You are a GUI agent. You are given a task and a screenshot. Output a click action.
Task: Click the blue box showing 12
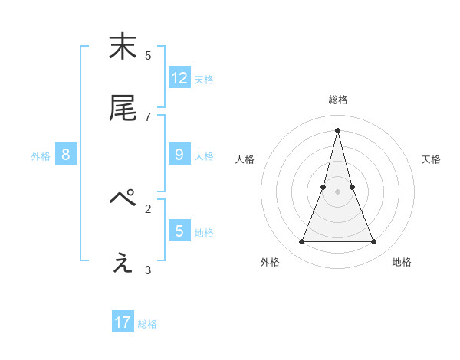coord(179,77)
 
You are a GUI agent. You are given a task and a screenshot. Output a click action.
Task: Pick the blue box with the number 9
coord(179,154)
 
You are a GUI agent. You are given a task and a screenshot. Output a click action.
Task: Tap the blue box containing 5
coord(179,230)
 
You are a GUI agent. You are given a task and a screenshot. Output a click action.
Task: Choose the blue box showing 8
coord(66,154)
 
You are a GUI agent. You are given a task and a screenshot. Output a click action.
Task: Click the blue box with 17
coord(123,322)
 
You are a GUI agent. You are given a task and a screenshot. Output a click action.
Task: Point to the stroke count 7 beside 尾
coord(148,116)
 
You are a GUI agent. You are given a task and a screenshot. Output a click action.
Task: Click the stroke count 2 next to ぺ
coord(148,208)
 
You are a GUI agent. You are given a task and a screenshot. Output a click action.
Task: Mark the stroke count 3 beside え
coord(148,269)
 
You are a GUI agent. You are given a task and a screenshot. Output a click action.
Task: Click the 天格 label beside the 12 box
coord(204,79)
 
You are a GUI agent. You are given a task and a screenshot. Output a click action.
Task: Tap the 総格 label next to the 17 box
coord(147,324)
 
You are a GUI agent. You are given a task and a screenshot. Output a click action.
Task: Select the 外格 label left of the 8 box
coord(41,156)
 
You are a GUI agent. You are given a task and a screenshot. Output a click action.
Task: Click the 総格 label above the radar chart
coord(338,100)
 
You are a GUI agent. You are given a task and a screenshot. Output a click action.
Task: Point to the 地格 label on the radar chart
coord(402,262)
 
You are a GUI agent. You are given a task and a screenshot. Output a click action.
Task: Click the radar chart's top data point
coord(338,129)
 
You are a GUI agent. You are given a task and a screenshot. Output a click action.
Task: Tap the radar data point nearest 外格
coord(302,242)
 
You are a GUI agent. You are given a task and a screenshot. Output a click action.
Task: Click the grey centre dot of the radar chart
coord(338,191)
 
